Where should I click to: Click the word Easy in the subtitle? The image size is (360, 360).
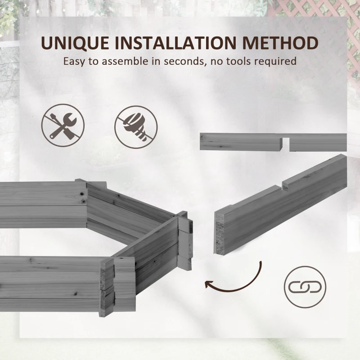74,61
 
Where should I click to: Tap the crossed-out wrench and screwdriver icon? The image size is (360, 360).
63,125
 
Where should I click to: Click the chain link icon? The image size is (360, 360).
305,287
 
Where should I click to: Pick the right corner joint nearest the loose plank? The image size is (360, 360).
184,241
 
